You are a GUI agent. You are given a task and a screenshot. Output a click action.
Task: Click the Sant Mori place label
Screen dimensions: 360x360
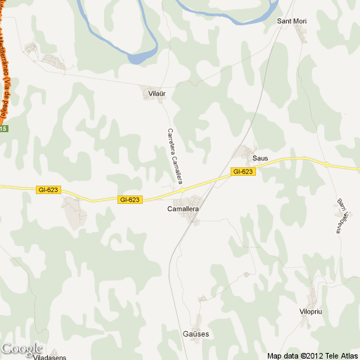292,21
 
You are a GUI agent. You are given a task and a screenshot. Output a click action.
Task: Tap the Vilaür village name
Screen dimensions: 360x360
156,93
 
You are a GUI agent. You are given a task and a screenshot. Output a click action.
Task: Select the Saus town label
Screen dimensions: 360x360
260,159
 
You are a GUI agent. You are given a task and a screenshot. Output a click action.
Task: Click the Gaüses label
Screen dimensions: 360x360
196,334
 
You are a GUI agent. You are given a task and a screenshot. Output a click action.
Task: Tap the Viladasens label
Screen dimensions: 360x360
54,356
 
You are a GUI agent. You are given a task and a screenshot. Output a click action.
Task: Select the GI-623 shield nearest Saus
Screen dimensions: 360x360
242,172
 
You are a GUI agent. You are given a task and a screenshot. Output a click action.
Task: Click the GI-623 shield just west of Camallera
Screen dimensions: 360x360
130,200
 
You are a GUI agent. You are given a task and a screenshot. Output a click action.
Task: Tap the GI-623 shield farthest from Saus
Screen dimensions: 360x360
48,190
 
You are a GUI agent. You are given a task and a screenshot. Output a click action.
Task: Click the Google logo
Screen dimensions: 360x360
22,349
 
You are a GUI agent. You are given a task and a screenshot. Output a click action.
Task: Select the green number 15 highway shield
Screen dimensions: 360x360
4,129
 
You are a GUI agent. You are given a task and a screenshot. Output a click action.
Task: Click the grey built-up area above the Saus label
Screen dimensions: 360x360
245,151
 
